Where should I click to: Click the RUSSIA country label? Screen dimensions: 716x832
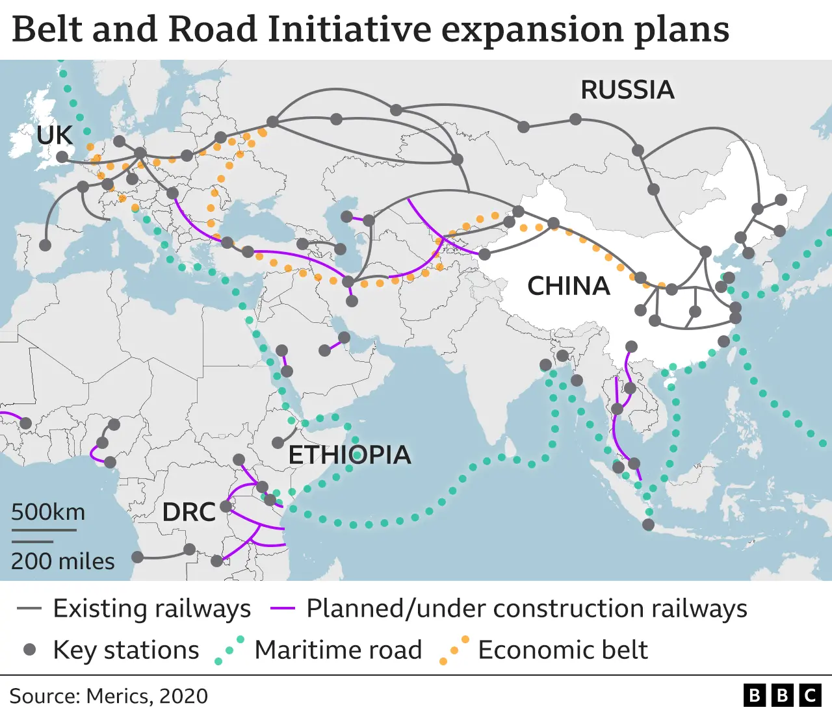627,90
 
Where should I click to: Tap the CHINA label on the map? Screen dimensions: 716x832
569,286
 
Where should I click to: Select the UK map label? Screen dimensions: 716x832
55,135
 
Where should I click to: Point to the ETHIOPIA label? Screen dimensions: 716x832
350,455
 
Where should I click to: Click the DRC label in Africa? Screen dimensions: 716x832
188,512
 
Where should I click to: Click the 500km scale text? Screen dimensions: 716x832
48,512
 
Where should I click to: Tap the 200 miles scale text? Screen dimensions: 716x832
62,561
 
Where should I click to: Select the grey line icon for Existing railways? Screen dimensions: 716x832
29,609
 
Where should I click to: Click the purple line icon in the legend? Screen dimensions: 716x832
283,609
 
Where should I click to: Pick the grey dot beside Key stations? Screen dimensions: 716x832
29,650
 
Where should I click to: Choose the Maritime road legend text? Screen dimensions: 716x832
338,650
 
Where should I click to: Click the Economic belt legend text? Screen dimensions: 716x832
563,650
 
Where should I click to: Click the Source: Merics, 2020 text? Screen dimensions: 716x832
109,696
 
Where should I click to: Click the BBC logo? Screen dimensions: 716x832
782,696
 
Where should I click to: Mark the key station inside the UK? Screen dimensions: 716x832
62,157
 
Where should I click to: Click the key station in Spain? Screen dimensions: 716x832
45,245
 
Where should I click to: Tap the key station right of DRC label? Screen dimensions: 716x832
226,506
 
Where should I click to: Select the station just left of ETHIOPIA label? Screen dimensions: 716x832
278,442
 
